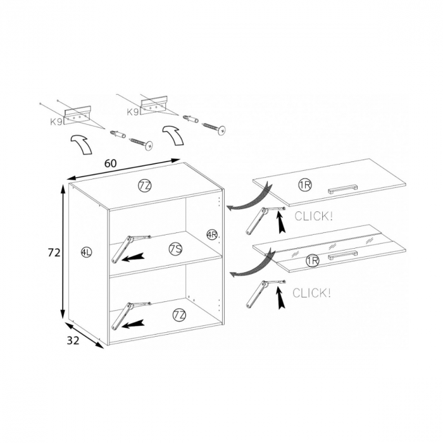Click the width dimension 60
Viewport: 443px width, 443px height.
pos(111,163)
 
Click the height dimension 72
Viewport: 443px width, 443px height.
pos(54,253)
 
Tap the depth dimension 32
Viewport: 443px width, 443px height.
pos(73,340)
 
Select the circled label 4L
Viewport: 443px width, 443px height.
pos(86,252)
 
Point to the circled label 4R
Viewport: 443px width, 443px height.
pos(212,235)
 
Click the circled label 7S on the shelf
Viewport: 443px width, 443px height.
pos(176,249)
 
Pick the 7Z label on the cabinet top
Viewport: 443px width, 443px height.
pos(145,185)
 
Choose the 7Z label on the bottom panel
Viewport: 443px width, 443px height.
pos(179,315)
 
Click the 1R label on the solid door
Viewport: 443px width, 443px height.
pos(305,185)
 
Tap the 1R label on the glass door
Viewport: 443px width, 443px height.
pos(312,261)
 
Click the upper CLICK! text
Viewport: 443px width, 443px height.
pos(314,216)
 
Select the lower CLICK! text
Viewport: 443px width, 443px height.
pos(311,293)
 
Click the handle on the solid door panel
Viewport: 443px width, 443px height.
pos(342,189)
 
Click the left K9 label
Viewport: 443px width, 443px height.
pos(56,122)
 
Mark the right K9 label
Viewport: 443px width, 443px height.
pos(133,112)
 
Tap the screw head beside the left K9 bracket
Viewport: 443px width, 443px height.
pos(148,146)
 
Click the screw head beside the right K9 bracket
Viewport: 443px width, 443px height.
pos(222,130)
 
